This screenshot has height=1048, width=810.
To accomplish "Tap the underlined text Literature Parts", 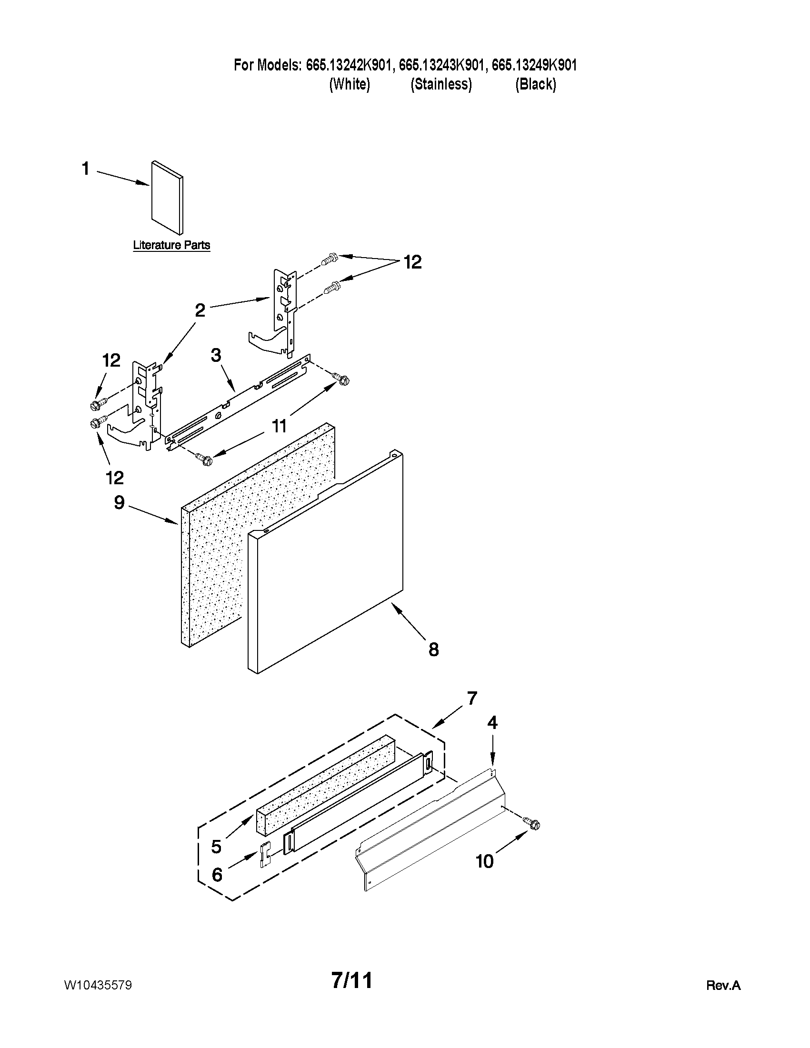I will pyautogui.click(x=171, y=245).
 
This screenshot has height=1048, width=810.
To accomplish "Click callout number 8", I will pyautogui.click(x=433, y=650).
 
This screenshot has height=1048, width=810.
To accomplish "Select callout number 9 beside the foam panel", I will pyautogui.click(x=120, y=503).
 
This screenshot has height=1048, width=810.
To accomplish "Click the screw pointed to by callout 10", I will pyautogui.click(x=532, y=823).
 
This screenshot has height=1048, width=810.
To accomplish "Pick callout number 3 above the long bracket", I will pyautogui.click(x=216, y=355).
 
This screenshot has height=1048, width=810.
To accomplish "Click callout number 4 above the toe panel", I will pyautogui.click(x=492, y=723).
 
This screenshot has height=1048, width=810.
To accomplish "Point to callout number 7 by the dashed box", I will pyautogui.click(x=472, y=698).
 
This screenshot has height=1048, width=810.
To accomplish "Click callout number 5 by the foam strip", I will pyautogui.click(x=216, y=847).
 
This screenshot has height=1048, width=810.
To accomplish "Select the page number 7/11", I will pyautogui.click(x=352, y=981).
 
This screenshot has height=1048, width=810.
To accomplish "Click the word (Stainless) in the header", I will pyautogui.click(x=441, y=84).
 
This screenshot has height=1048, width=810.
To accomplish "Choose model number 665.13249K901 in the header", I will pyautogui.click(x=534, y=65).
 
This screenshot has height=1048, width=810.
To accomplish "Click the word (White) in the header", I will pyautogui.click(x=350, y=84).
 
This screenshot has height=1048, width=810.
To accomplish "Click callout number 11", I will pyautogui.click(x=279, y=425).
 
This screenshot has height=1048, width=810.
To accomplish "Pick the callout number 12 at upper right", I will pyautogui.click(x=412, y=262).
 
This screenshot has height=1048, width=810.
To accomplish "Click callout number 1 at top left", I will pyautogui.click(x=85, y=169).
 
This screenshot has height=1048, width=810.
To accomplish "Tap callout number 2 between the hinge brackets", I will pyautogui.click(x=200, y=310).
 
